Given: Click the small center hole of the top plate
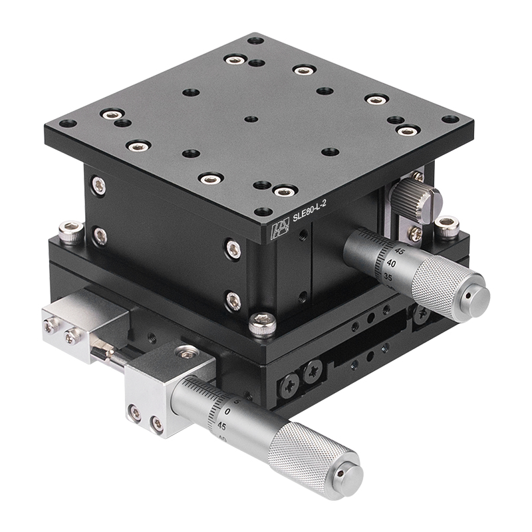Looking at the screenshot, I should [251, 120].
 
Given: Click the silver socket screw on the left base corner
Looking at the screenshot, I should [70, 232].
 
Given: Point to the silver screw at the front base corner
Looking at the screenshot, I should [263, 324].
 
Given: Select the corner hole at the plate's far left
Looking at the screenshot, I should [67, 124].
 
